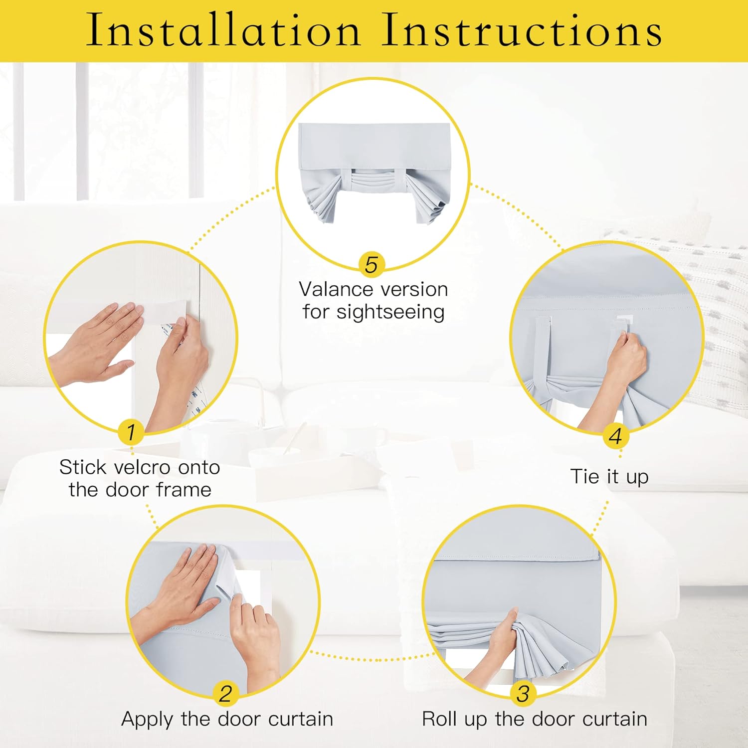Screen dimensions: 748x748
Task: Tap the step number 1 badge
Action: point(131,432)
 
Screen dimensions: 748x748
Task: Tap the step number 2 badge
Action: point(225,694)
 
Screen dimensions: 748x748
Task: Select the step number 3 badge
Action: point(523,694)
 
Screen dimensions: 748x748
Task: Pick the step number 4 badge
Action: point(616,436)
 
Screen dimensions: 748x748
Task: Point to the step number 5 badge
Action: point(372,265)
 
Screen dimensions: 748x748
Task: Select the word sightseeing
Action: point(390,312)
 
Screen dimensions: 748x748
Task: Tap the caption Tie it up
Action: point(609,476)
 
